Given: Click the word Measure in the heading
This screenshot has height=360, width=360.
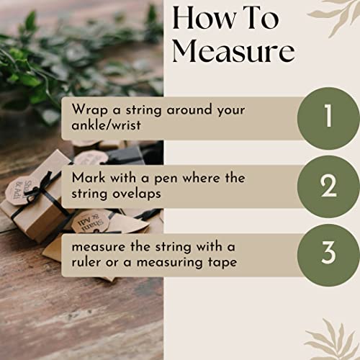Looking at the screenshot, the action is (233, 50).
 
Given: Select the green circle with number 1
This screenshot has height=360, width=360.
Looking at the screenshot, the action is (328, 118).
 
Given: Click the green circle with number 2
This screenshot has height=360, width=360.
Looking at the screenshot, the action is (328, 186).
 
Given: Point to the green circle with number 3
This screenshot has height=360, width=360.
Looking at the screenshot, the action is (328, 255).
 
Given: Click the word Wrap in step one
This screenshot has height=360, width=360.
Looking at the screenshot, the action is (90, 110).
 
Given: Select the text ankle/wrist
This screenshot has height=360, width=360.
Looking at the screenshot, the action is (106, 125).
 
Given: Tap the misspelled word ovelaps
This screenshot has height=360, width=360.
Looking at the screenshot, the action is (137, 194).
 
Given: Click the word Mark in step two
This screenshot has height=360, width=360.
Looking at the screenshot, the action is (89, 178).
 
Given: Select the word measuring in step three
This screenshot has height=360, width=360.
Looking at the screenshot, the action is (169, 263).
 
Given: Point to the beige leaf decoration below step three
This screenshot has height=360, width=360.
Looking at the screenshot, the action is (333, 341).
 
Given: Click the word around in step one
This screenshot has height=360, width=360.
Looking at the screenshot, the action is (189, 110).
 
